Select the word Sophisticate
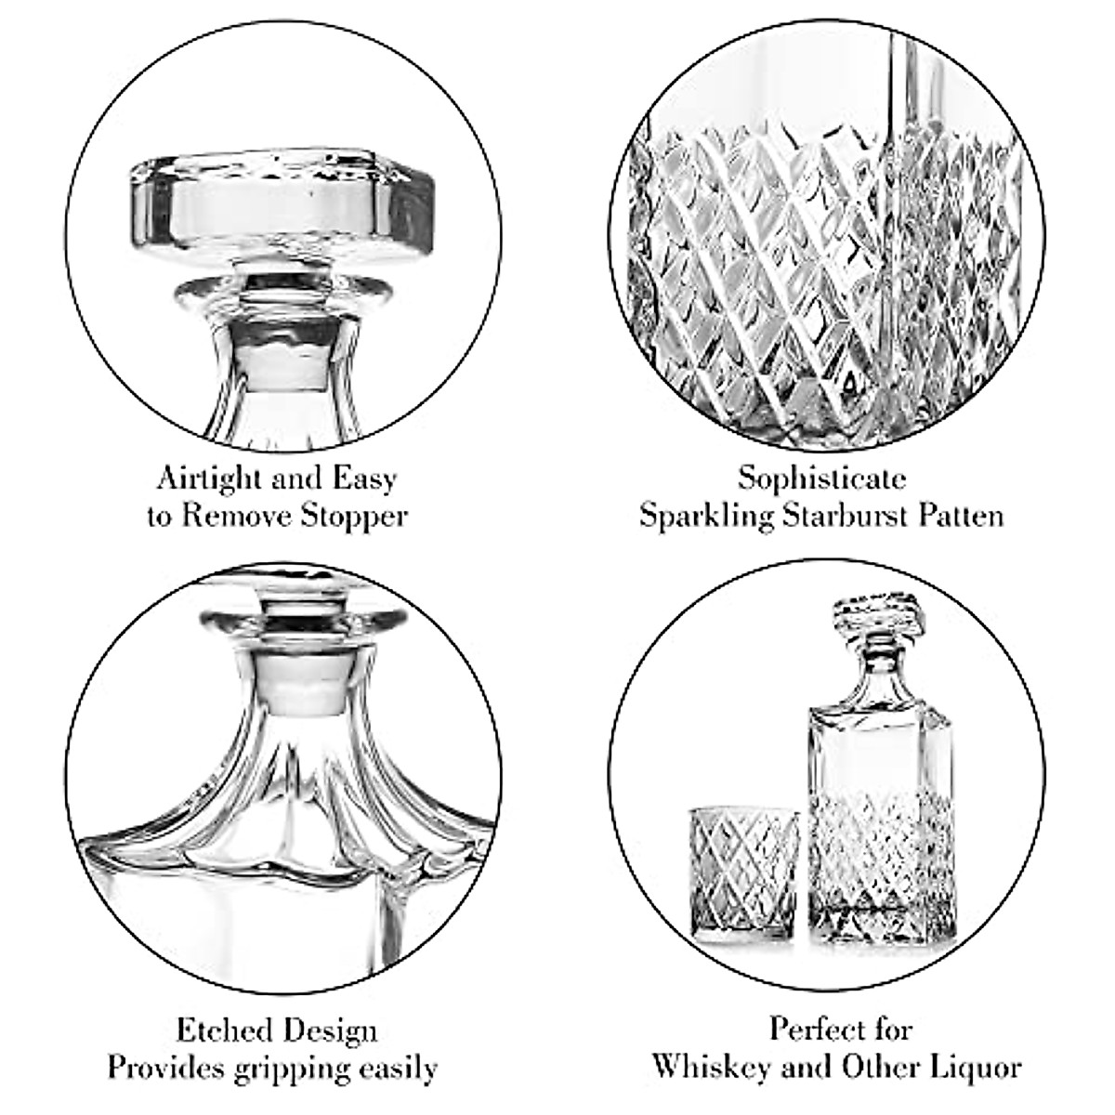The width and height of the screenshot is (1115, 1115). (821, 479)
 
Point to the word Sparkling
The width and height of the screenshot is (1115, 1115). (705, 516)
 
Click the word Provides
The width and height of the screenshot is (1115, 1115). (163, 1069)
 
